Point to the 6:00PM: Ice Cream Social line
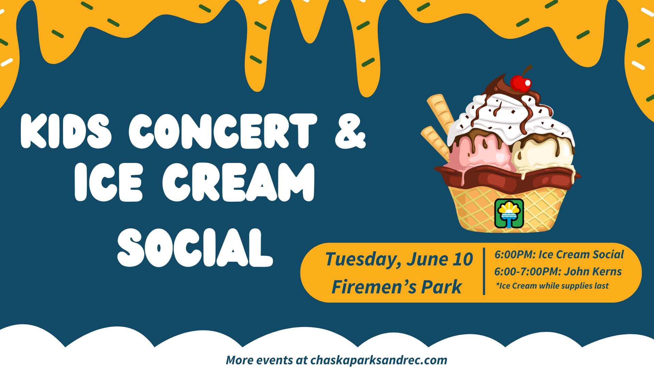click(559, 255)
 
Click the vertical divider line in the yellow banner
click(484, 271)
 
